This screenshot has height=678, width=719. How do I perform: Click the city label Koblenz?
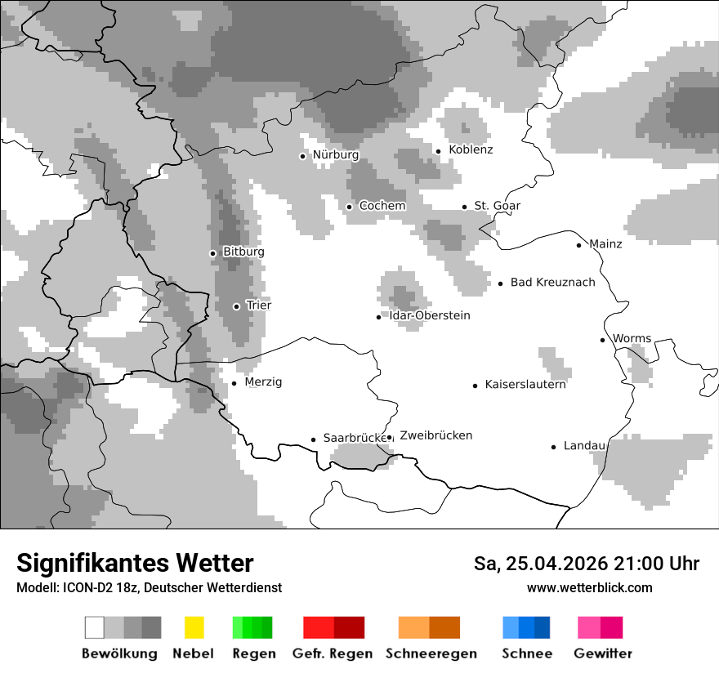471,149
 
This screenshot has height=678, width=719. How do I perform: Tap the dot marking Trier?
236,306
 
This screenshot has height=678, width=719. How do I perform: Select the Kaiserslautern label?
525,385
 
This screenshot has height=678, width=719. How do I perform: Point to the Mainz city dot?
578,245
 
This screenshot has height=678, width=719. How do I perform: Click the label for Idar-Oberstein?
430,315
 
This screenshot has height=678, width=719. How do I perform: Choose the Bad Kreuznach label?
552,283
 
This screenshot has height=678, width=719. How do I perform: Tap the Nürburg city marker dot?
302,156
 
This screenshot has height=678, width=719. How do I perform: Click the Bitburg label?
243,252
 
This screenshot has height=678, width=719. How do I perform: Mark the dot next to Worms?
602,340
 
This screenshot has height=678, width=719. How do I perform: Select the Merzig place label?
263,382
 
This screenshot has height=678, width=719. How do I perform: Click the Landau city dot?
553,447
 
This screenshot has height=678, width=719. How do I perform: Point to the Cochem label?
382,206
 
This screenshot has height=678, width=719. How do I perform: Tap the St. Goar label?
497,206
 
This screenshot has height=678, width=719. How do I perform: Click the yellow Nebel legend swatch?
194,627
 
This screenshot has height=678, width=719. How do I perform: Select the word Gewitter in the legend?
603,653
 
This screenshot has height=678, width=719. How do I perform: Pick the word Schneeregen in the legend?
431,653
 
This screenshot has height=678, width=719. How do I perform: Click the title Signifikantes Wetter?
135,563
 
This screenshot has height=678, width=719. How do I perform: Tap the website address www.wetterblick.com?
589,587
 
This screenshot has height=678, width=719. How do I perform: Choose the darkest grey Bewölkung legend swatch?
151,627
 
